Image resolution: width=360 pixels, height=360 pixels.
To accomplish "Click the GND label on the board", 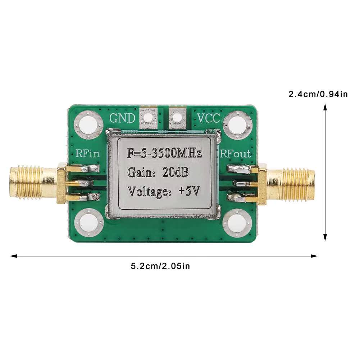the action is point(122,118).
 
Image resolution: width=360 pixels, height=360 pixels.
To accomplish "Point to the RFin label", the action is point(87,154).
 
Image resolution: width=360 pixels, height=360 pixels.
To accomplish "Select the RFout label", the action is point(235,154).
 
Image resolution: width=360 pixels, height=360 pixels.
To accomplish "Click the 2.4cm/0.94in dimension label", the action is point(318,95).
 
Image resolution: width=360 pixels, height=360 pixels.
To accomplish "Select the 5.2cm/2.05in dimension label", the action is point(160,266).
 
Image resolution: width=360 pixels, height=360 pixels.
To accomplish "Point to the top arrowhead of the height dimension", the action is point(325,106).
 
